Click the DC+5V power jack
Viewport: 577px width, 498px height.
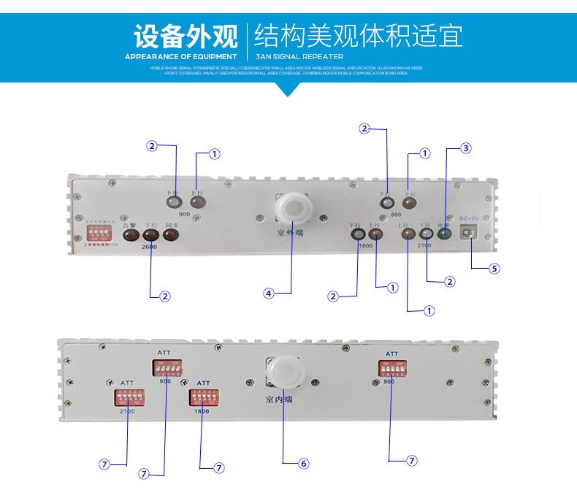[x=469, y=234]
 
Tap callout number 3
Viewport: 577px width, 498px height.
[x=466, y=149]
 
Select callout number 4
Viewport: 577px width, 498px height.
[x=269, y=294]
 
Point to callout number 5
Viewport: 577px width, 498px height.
[x=494, y=268]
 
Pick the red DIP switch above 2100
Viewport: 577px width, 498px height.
[x=127, y=397]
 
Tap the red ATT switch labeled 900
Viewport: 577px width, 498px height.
[x=391, y=369]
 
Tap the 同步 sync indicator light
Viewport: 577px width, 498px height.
[x=171, y=234]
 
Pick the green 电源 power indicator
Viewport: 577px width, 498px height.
[x=444, y=234]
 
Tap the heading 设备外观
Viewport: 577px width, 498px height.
[x=186, y=36]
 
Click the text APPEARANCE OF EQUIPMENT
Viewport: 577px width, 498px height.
[x=181, y=56]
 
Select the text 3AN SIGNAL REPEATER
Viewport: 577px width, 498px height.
[x=299, y=56]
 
